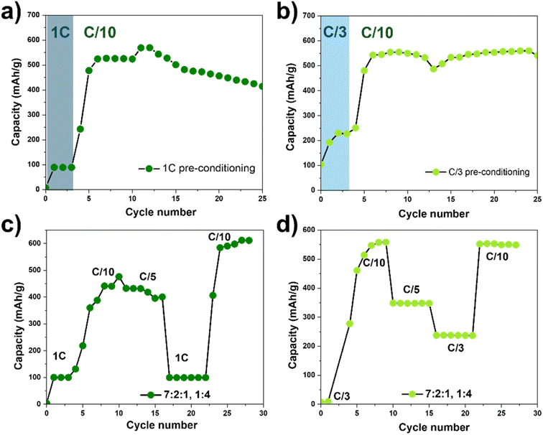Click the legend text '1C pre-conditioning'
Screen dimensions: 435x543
click(203, 169)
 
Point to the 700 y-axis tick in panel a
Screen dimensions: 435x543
click(33, 14)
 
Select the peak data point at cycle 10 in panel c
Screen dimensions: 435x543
click(119, 276)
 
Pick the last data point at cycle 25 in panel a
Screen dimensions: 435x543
click(262, 87)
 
